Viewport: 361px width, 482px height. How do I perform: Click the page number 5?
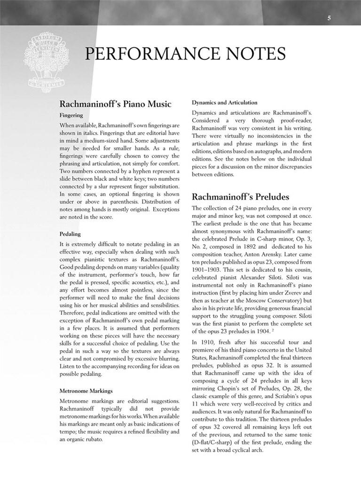tap(330, 18)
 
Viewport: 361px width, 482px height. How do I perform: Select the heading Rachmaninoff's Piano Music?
tap(115, 104)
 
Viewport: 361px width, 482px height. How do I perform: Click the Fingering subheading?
tap(71, 115)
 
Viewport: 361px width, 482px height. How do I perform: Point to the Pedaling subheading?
tap(70, 234)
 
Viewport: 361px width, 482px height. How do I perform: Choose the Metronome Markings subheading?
tap(86, 390)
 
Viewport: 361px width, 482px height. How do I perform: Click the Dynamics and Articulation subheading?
tap(224, 102)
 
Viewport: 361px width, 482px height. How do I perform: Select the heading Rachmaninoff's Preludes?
tap(240, 196)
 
